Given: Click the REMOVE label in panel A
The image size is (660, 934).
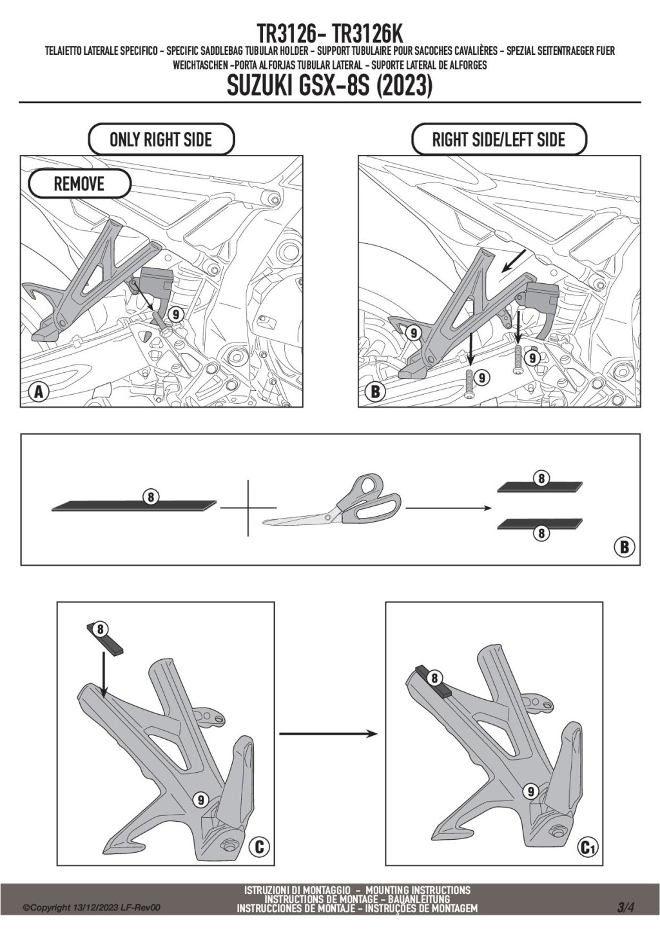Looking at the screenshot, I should click(x=79, y=184).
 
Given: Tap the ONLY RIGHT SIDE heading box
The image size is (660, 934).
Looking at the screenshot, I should click(x=160, y=139).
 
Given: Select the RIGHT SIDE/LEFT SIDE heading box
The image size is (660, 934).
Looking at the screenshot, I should click(x=498, y=139).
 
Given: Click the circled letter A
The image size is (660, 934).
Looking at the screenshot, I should click(x=39, y=392).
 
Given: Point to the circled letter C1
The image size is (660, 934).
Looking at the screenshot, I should click(x=587, y=847).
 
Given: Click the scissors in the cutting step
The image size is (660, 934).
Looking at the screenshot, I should click(x=335, y=505).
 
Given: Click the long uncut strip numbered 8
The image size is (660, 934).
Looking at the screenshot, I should click(x=134, y=506).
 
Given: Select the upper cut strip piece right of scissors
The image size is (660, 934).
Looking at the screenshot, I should click(x=540, y=487).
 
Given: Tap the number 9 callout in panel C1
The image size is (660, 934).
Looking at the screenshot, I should click(x=530, y=791).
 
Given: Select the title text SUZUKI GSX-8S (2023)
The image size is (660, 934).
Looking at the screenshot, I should click(x=329, y=86).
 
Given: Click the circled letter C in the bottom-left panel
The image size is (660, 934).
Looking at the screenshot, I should click(x=259, y=846).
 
